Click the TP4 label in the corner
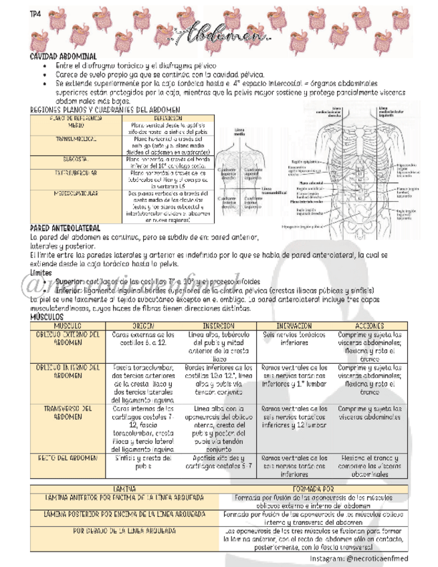pyautogui.click(x=36, y=13)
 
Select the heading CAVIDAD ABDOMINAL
pyautogui.click(x=64, y=57)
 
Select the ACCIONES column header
pyautogui.click(x=370, y=325)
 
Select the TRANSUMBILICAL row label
pyautogui.click(x=76, y=138)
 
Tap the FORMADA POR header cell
pyautogui.click(x=313, y=489)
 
